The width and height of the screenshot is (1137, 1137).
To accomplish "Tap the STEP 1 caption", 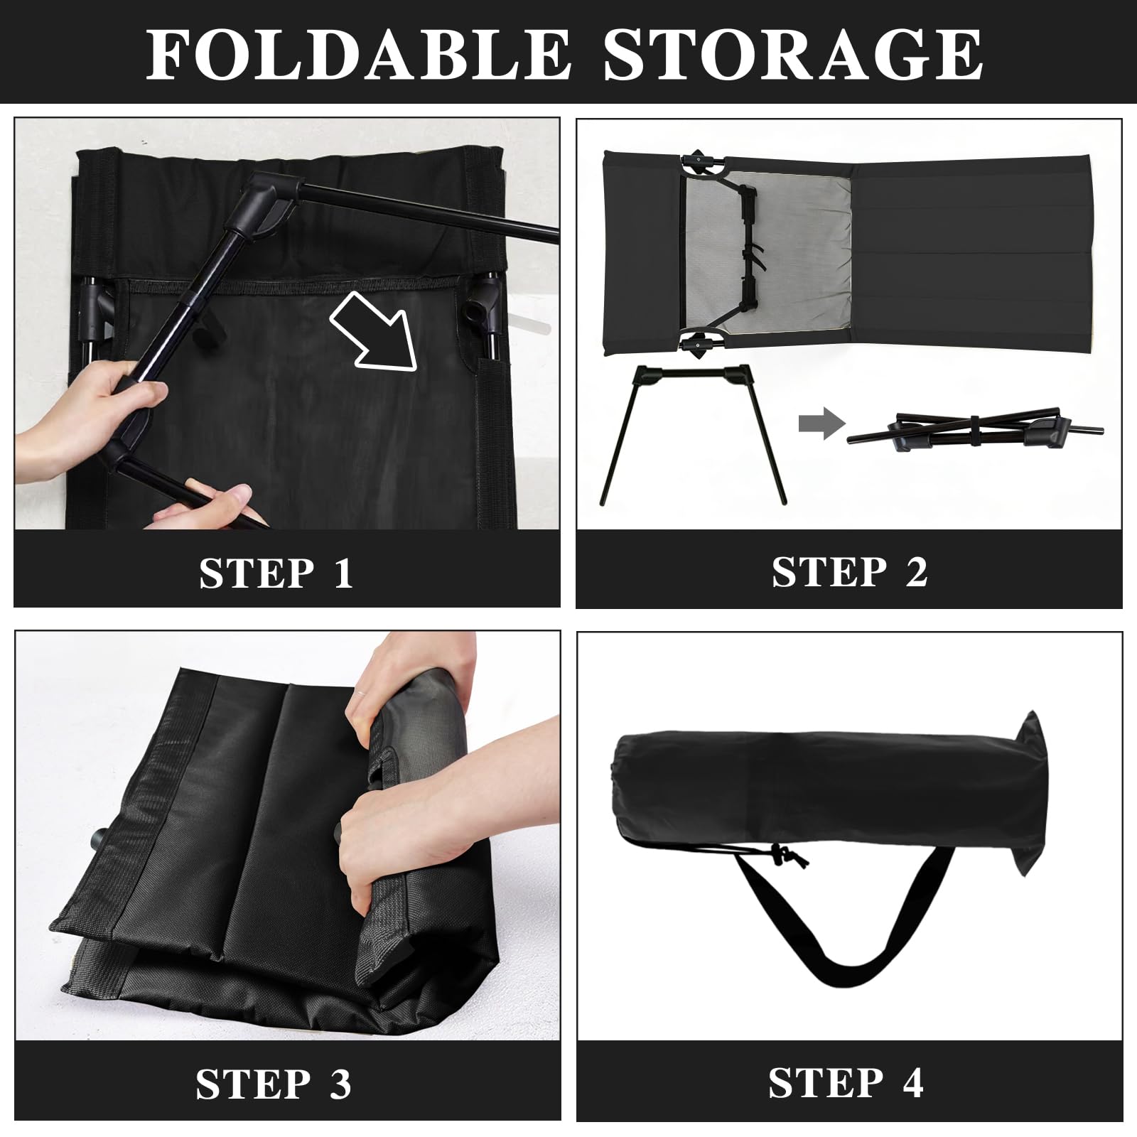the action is click(x=276, y=573).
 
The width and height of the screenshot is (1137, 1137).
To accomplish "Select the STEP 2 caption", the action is click(x=849, y=571).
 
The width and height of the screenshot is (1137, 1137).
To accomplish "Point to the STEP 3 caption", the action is click(x=274, y=1084).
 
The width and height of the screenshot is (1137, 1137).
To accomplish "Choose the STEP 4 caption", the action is click(x=846, y=1082).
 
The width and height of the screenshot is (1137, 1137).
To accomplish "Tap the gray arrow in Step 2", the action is click(x=822, y=425).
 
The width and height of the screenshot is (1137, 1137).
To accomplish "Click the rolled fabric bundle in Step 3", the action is click(x=412, y=839).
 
